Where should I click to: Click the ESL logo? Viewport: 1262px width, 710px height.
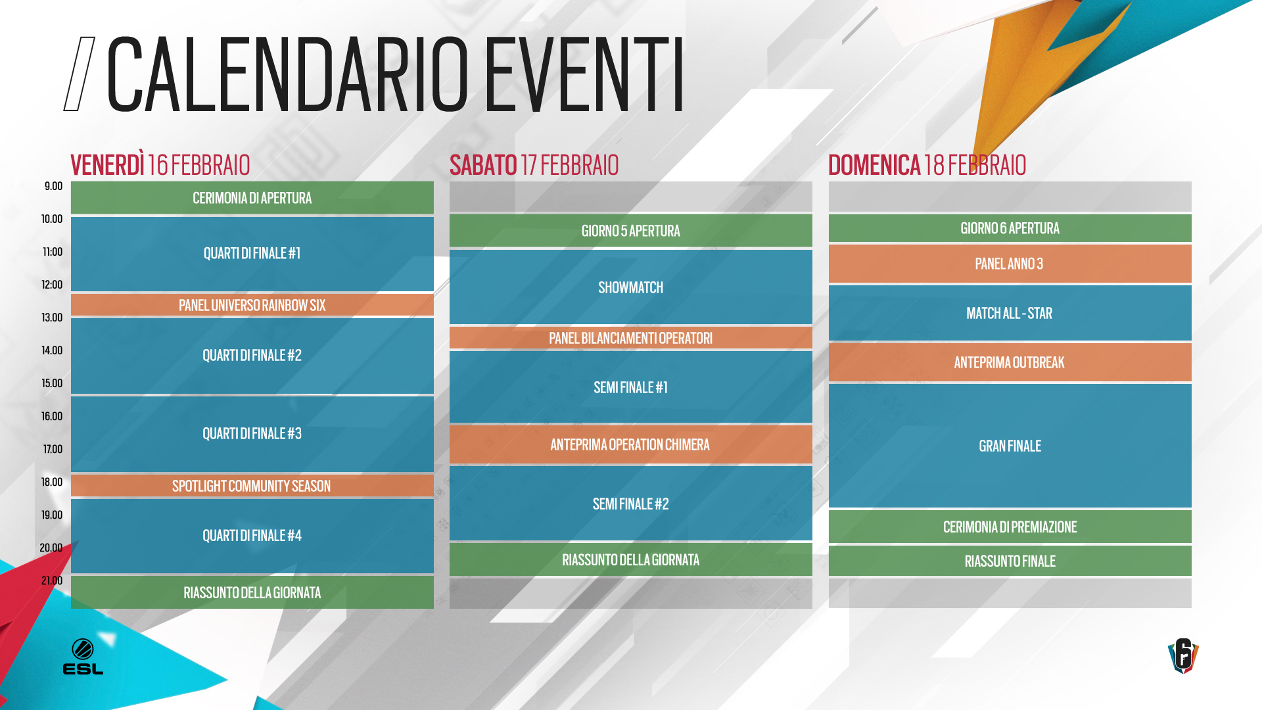tap(83, 656)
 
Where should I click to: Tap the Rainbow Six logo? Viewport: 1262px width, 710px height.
tap(1183, 655)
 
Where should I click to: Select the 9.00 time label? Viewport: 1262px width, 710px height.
tap(53, 186)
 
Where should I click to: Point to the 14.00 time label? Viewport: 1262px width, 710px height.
tap(52, 350)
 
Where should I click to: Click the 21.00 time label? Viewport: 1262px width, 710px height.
tap(52, 580)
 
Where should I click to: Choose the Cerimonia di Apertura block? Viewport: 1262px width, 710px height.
tap(252, 198)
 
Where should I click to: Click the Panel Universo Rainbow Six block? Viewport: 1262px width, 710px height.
tap(252, 305)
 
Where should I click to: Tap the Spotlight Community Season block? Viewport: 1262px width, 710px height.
tap(252, 486)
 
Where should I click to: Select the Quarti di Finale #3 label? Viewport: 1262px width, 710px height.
tap(252, 434)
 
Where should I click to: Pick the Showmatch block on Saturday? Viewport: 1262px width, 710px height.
tap(630, 287)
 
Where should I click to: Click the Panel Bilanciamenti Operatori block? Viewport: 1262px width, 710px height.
tap(630, 338)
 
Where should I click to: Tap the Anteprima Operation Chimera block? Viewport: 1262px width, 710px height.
tap(630, 444)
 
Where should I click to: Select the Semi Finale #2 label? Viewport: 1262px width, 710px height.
tap(630, 504)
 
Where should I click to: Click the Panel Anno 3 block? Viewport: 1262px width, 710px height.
tap(1010, 264)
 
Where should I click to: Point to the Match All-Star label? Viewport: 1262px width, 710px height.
tap(1010, 314)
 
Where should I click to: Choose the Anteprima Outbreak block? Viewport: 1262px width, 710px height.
tap(1010, 362)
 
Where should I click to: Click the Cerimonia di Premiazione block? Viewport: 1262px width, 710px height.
tap(1010, 527)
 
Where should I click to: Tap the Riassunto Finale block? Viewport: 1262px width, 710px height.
tap(1010, 561)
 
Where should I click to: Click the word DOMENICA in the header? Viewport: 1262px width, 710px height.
tap(874, 165)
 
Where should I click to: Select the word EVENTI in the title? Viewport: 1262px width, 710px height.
tap(584, 74)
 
